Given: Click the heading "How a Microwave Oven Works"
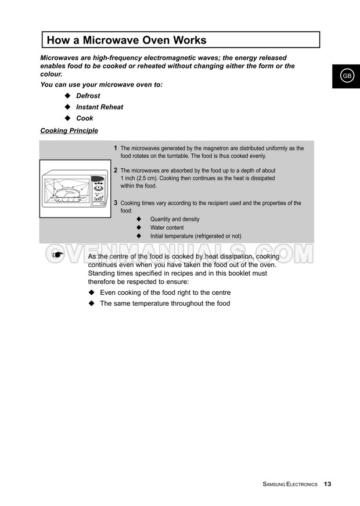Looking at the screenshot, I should click(127, 40).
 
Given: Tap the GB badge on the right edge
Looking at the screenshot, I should click(346, 76).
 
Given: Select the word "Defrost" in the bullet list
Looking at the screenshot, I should click(88, 96).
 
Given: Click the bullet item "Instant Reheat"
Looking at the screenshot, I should click(100, 107).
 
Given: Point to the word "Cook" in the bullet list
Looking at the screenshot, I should click(85, 118).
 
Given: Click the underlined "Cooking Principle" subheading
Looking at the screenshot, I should click(69, 131).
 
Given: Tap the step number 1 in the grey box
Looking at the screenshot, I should click(116, 149).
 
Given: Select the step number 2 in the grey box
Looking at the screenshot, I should click(116, 171).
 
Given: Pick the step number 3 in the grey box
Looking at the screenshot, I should click(116, 203).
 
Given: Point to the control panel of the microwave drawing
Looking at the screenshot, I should click(99, 190).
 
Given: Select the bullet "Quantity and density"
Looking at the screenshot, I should click(175, 219).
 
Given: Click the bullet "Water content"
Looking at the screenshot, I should click(167, 228).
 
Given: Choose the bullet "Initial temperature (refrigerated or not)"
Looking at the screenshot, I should click(195, 237).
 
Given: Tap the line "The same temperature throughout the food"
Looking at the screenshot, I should click(165, 303).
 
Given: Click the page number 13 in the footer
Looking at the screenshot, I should click(327, 484).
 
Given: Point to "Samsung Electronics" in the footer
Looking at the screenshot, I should click(290, 484).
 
